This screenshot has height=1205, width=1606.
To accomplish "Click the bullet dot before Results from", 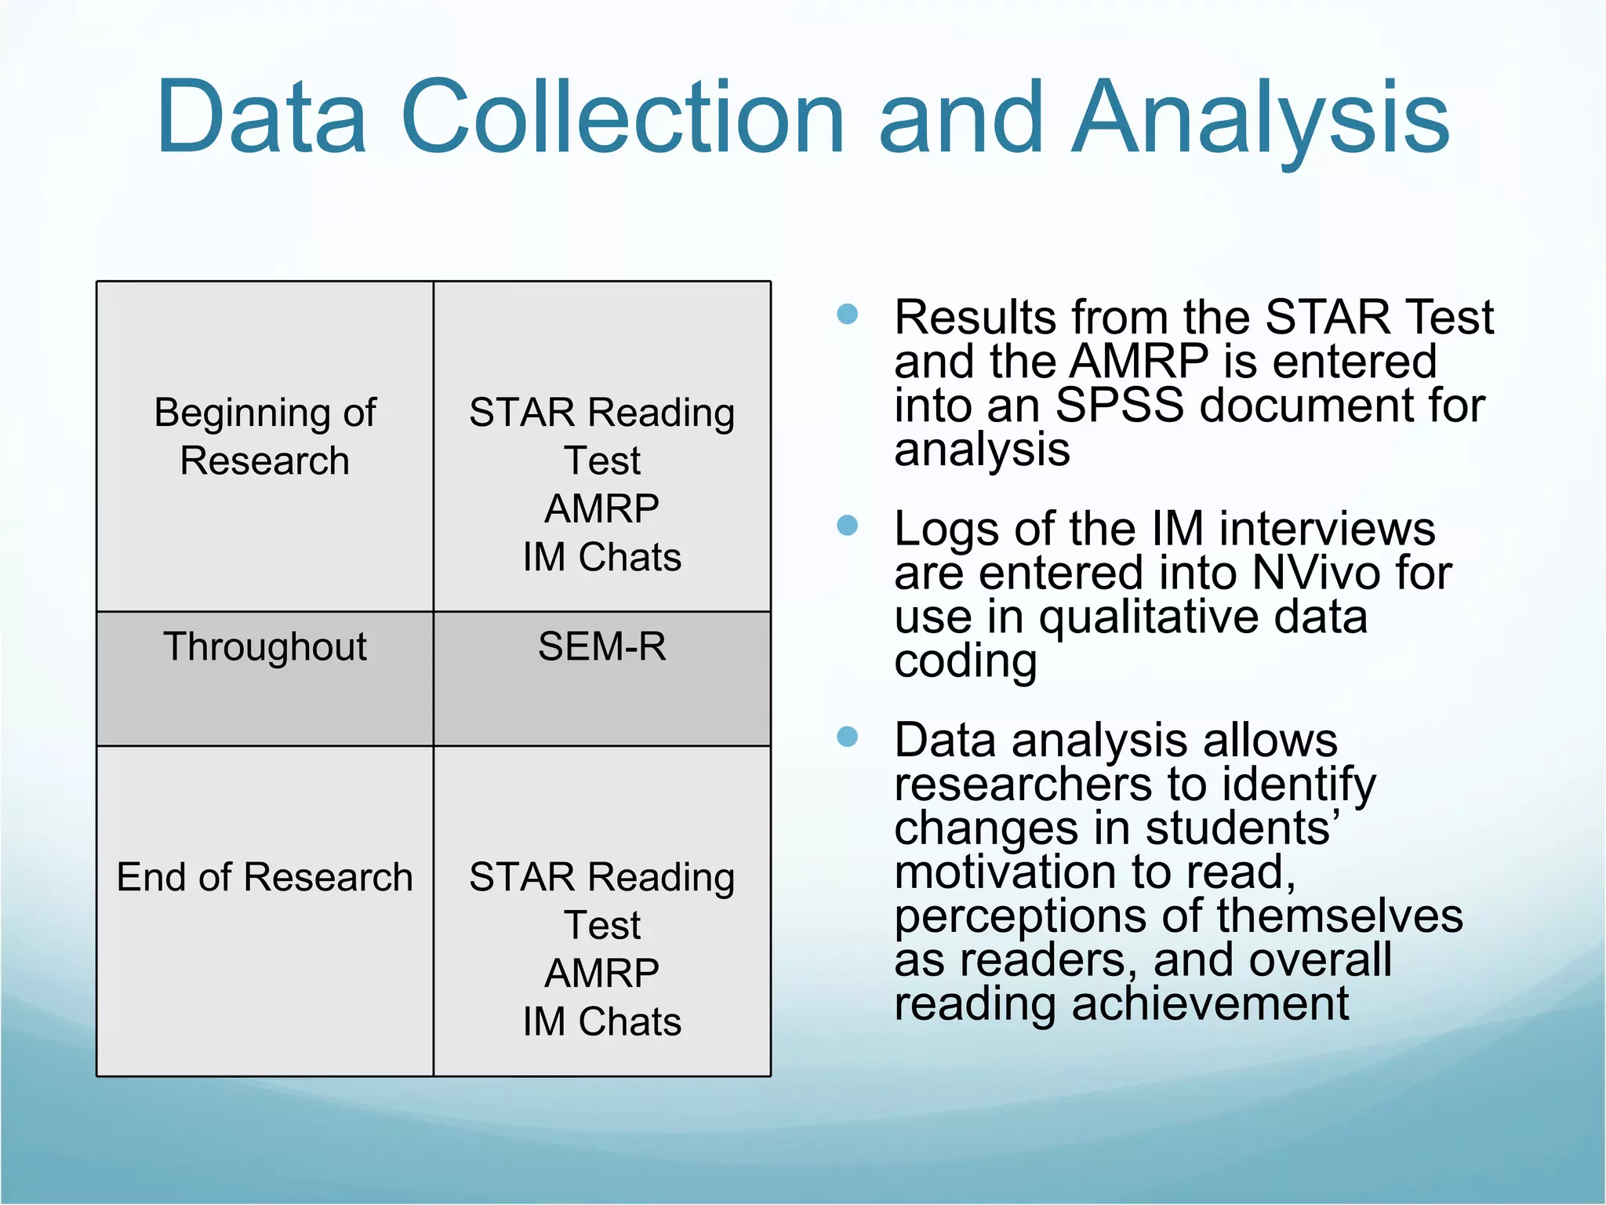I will pyautogui.click(x=847, y=315).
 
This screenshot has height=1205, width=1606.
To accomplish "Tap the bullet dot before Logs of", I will pyautogui.click(x=847, y=526).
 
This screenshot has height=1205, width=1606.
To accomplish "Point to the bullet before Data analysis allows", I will pyautogui.click(x=847, y=737).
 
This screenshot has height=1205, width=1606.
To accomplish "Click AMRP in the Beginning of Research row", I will pyautogui.click(x=601, y=508).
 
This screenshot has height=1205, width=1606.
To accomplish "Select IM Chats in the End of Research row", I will pyautogui.click(x=601, y=1021).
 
